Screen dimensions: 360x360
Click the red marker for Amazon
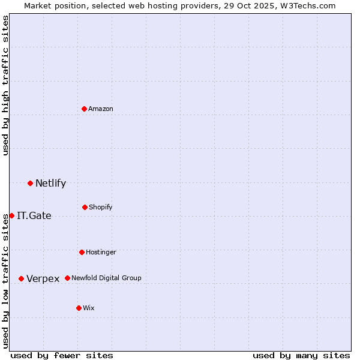tap(85, 109)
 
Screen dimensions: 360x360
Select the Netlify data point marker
tap(30, 183)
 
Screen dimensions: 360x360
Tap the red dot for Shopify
tap(85, 207)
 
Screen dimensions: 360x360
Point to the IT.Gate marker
tap(11, 215)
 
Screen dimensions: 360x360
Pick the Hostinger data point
tap(82, 252)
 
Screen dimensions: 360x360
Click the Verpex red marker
tap(21, 278)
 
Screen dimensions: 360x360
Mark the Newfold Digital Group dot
tap(67, 278)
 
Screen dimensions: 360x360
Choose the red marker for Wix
tap(79, 308)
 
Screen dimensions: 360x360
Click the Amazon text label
tap(101, 109)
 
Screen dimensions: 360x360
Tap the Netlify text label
tap(50, 183)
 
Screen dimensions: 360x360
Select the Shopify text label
tap(101, 207)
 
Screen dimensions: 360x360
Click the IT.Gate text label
tap(34, 215)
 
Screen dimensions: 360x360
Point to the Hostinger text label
tap(101, 252)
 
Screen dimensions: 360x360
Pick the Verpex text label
tap(43, 278)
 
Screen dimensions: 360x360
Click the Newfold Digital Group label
tap(106, 278)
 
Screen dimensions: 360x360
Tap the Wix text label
tap(89, 308)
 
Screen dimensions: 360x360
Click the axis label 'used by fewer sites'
tap(62, 355)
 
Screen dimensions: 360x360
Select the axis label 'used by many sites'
tap(301, 355)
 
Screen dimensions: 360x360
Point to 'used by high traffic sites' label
tap(5, 85)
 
